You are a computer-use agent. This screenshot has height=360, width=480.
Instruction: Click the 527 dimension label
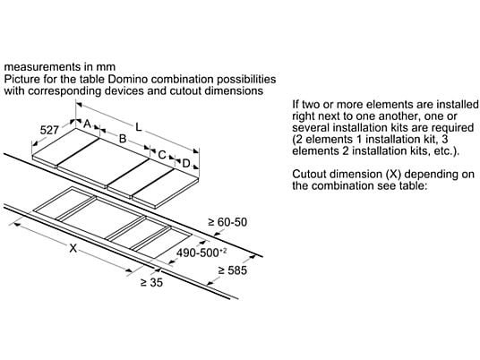point(49,130)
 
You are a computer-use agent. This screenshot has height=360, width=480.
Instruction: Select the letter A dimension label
point(87,124)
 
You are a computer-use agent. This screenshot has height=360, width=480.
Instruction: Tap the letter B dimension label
point(123,139)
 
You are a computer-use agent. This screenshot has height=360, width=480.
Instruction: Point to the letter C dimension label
point(162,155)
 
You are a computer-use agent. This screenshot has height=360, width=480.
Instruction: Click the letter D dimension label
point(185,164)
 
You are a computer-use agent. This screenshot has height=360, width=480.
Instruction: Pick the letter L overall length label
point(139,127)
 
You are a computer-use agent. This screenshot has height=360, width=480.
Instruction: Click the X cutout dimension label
point(73,248)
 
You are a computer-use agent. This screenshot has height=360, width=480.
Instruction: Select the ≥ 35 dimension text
point(151,283)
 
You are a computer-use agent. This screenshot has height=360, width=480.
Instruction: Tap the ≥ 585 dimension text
point(232,270)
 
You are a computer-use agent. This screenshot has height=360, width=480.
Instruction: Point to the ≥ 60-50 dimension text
point(227,222)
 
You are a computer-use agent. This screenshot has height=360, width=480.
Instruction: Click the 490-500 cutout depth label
point(201,253)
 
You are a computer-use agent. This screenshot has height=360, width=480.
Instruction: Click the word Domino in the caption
point(128,79)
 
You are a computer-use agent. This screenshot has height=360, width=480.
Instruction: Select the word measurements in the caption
point(40,67)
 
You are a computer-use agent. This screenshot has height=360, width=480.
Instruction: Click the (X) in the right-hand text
point(392,174)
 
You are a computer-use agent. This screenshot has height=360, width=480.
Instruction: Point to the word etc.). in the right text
point(447,151)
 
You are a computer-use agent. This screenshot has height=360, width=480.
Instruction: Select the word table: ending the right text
point(413,185)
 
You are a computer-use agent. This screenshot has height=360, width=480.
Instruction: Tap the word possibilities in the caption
point(246,79)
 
